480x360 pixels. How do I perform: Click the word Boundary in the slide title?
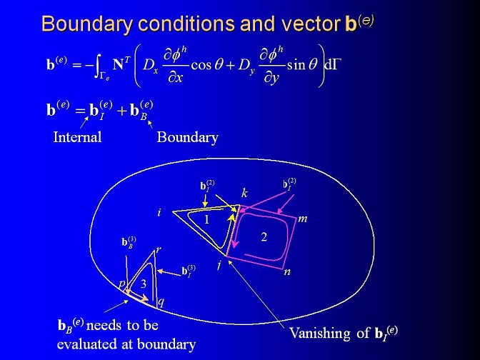click(x=87, y=24)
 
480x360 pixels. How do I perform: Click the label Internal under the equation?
click(x=77, y=137)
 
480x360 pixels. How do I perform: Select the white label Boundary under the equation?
click(x=187, y=137)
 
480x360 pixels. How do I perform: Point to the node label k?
click(x=244, y=193)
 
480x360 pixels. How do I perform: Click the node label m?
click(x=302, y=219)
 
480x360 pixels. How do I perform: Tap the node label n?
click(x=287, y=271)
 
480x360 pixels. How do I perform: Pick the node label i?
click(x=159, y=212)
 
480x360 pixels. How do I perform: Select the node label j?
click(x=219, y=264)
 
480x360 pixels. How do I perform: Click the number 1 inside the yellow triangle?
click(x=206, y=219)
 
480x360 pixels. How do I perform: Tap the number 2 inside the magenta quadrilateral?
click(x=264, y=236)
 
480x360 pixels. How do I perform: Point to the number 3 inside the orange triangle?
click(x=144, y=284)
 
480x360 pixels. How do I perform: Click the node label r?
click(x=159, y=250)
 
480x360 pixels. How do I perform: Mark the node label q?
click(x=161, y=302)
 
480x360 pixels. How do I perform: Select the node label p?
click(x=122, y=284)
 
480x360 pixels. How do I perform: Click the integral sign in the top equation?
click(x=97, y=65)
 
